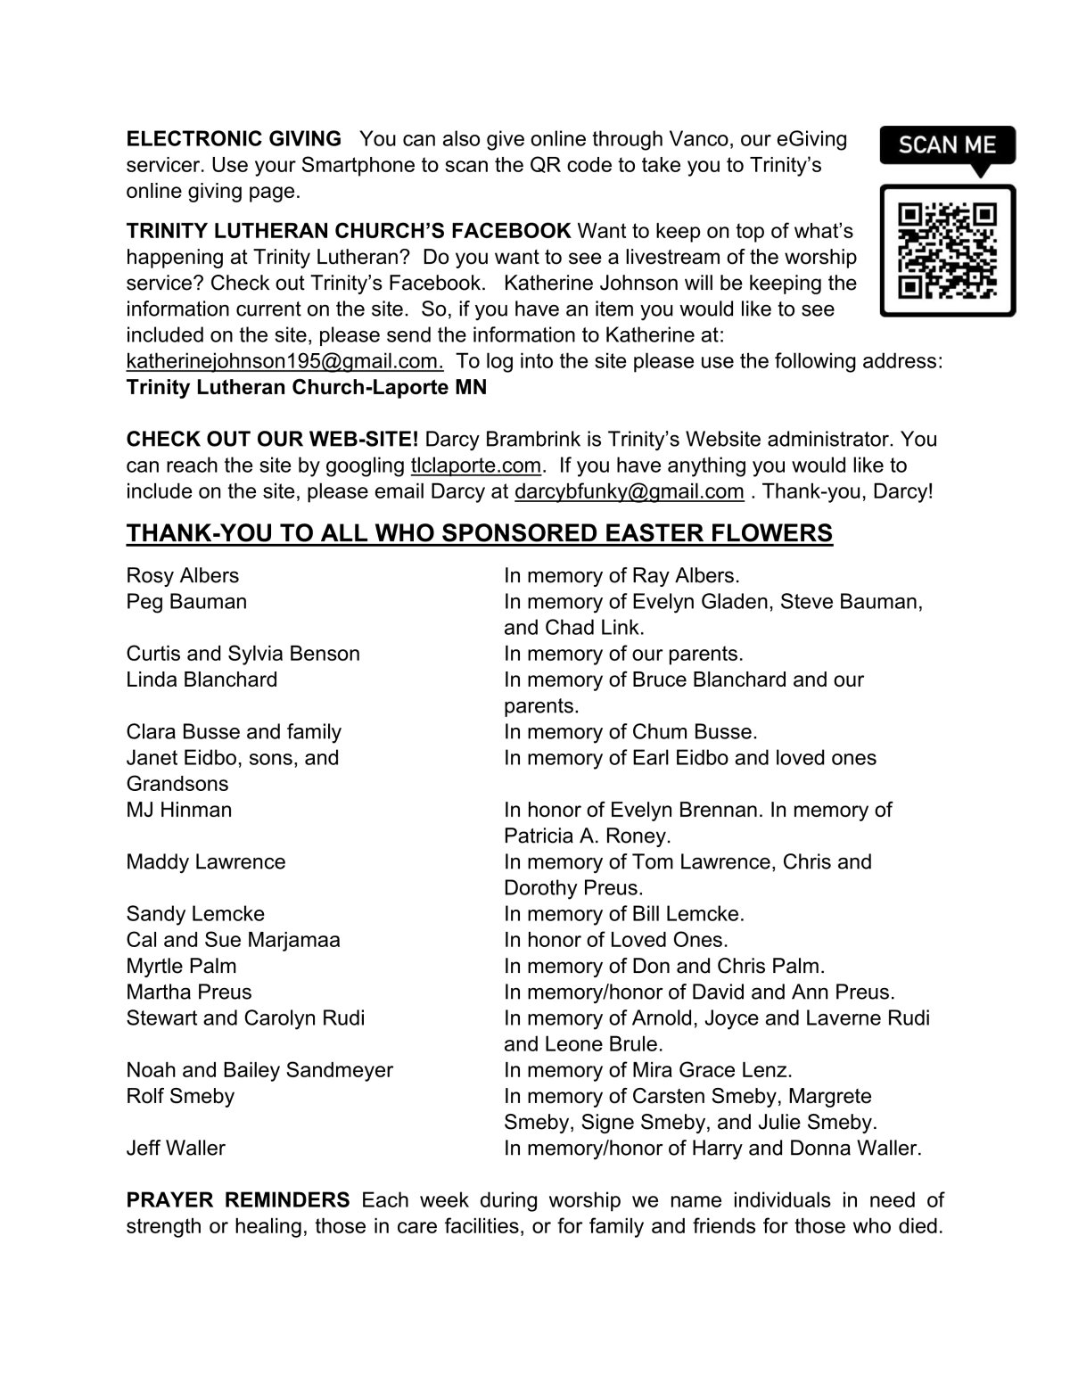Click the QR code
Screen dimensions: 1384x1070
(947, 250)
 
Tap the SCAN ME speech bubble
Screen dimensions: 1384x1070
(947, 144)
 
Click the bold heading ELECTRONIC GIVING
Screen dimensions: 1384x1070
(234, 139)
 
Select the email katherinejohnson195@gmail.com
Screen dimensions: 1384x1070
(284, 362)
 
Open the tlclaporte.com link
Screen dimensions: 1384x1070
(475, 465)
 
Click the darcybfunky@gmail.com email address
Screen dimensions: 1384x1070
(629, 491)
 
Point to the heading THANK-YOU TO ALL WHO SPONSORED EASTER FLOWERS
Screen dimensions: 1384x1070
(479, 533)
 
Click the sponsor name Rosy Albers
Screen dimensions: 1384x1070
(182, 576)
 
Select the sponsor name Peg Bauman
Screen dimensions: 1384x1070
(186, 602)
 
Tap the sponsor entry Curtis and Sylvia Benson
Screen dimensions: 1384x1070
(243, 654)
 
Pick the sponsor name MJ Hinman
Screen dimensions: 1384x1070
(178, 810)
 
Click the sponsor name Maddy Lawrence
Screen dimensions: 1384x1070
(205, 862)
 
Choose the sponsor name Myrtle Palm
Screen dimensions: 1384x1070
(181, 966)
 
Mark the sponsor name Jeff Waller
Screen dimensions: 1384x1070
(176, 1149)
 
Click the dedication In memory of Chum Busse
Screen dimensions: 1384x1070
(630, 732)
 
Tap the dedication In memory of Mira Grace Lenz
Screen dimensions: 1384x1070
(647, 1070)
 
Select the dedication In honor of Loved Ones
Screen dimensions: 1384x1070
(615, 940)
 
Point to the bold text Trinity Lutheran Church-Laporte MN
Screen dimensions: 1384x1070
(307, 389)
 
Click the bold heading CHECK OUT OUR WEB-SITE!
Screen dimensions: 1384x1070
(272, 440)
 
